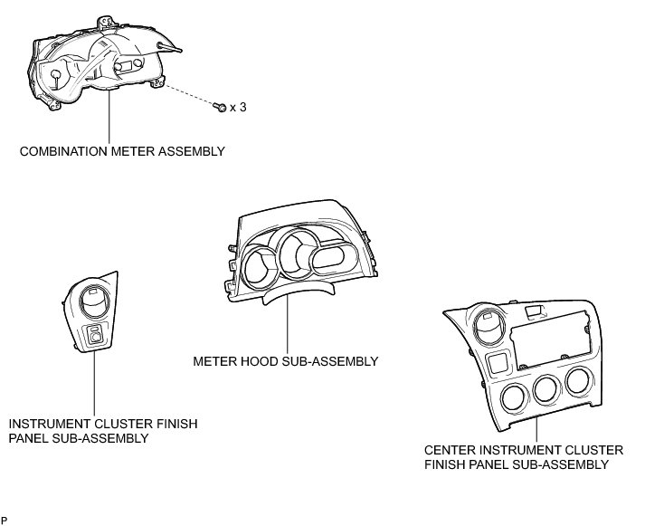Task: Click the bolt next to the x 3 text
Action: point(220,108)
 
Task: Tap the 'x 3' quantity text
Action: point(238,108)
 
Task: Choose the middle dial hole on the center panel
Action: point(545,390)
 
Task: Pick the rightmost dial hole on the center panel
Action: point(577,381)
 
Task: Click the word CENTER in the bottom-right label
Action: point(451,450)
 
